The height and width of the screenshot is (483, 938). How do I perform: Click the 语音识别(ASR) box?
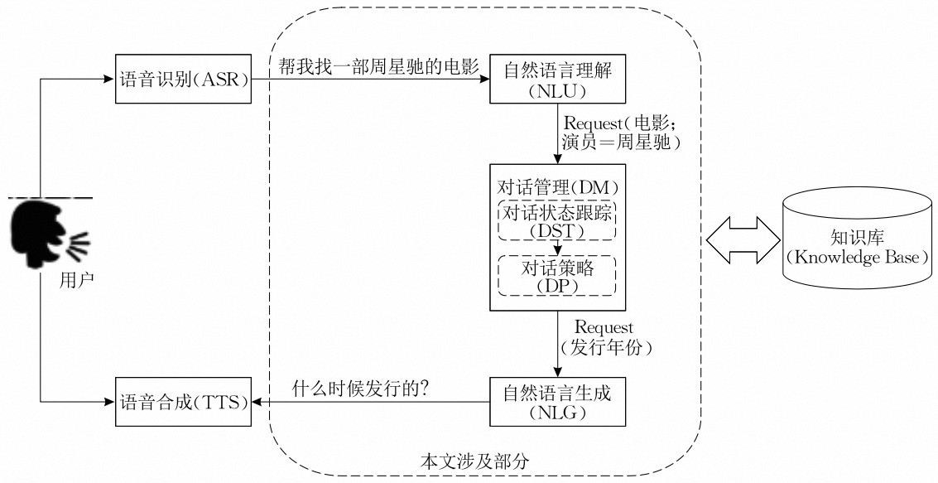click(x=182, y=80)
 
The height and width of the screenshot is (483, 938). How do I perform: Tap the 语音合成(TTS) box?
click(x=182, y=403)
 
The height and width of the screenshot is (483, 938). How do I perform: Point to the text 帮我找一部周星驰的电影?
click(x=378, y=68)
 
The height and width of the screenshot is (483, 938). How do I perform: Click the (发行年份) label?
click(x=606, y=347)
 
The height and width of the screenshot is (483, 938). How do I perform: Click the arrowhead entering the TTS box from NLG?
click(x=257, y=403)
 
